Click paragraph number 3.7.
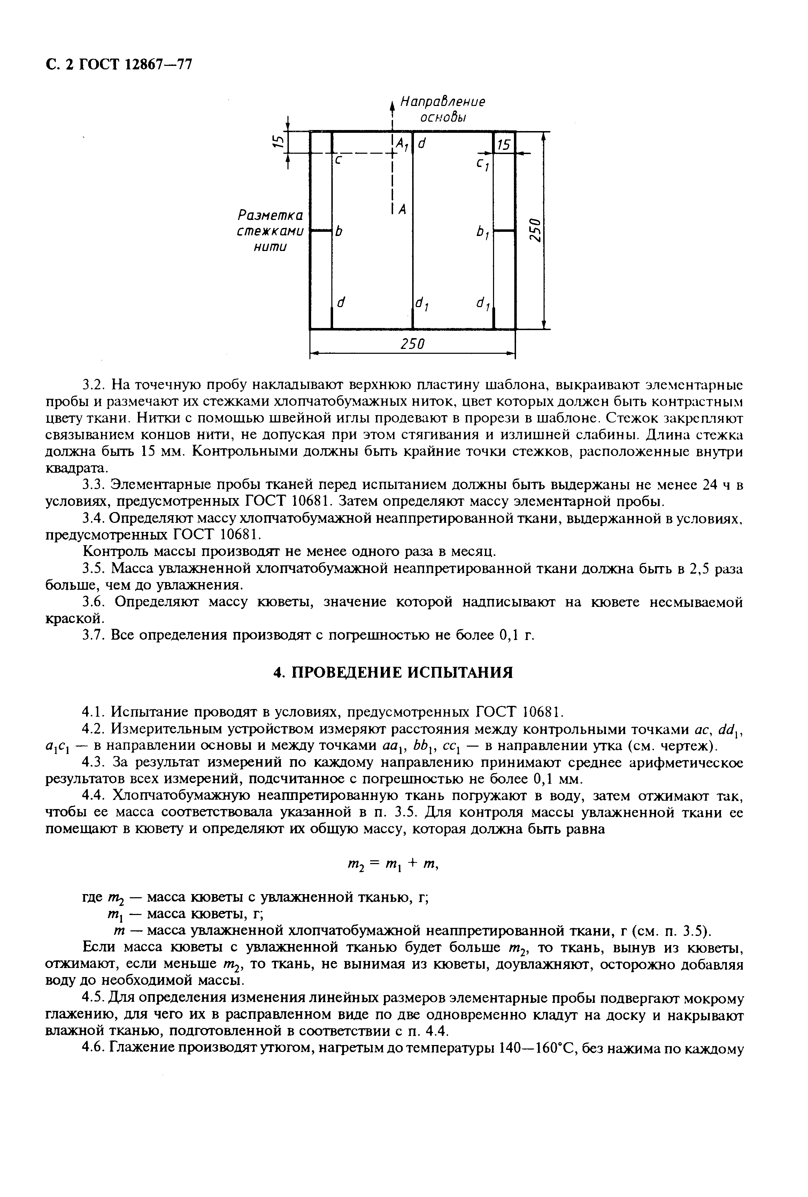[x=94, y=635]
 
